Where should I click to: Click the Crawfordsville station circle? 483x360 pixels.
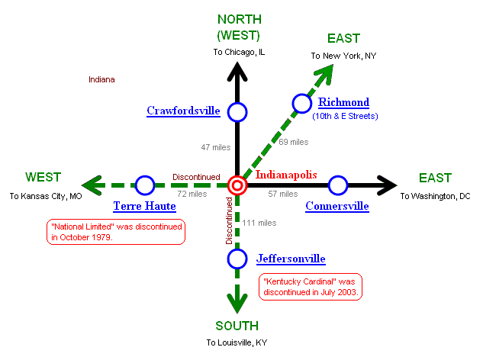pos(237,112)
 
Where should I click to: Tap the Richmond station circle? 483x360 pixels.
pos(302,103)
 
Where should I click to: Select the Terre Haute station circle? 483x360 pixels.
pos(145,185)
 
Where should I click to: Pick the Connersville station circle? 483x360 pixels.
pos(337,185)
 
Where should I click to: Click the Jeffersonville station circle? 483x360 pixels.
pos(237,259)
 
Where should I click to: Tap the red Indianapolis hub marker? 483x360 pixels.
pos(237,185)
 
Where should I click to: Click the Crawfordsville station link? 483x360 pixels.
pos(183,111)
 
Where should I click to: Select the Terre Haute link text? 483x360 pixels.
pos(144,206)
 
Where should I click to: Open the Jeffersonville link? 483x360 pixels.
pos(291,259)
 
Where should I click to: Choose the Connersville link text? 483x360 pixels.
pos(336,206)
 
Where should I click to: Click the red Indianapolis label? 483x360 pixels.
pos(286,175)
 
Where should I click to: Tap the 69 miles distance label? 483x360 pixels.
pos(293,142)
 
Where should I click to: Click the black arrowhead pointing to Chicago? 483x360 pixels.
pos(237,72)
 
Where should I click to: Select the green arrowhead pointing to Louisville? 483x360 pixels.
pos(237,303)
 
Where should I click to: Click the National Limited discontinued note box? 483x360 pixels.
pos(116,232)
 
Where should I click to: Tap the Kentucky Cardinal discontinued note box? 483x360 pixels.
pos(311,286)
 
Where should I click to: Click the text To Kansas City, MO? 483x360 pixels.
pos(45,196)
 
